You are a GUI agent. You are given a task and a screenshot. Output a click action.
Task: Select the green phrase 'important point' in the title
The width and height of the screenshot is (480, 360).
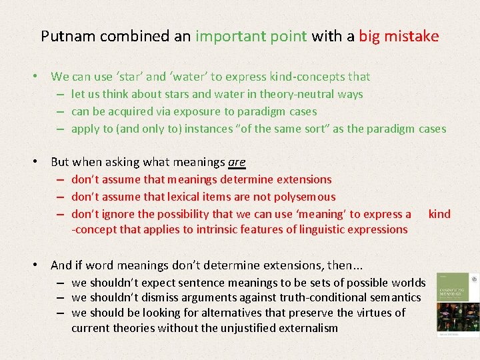coord(251,36)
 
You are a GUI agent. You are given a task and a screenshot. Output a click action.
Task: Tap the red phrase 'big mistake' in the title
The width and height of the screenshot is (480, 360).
coord(399,36)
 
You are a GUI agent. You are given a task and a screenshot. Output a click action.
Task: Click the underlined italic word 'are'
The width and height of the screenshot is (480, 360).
coord(237,162)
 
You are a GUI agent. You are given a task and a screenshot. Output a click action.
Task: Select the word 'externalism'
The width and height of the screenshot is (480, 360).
coord(306,328)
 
